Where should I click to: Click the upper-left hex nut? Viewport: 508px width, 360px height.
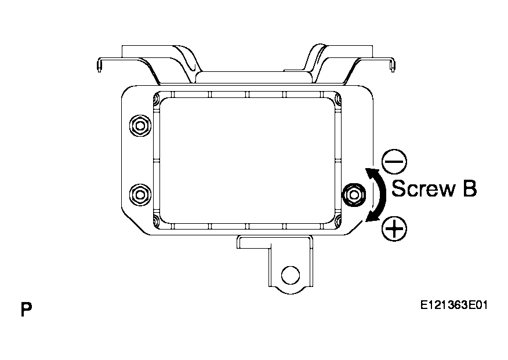pos(140,126)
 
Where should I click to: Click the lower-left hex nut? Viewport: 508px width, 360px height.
pos(140,195)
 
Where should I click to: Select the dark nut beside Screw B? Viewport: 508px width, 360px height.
pos(354,194)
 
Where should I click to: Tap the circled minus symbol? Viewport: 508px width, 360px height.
pos(394,161)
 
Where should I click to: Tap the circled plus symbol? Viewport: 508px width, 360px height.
pos(394,229)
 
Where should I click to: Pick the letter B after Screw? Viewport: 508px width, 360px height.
pos(470,188)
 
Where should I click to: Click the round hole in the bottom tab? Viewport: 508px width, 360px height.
pos(291,275)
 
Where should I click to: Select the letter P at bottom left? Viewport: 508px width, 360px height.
pos(26,310)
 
